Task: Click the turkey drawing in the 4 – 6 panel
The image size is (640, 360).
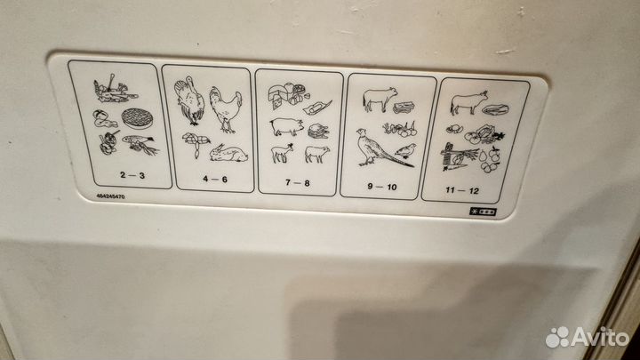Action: coord(188,100)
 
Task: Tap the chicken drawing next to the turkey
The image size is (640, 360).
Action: coord(225,109)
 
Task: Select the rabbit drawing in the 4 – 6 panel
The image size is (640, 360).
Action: coord(228,153)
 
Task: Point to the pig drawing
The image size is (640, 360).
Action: coord(287,126)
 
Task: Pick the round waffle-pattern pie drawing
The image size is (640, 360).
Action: coord(137,118)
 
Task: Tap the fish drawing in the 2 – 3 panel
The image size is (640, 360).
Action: coord(140,145)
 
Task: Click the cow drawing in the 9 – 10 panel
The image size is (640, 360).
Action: coord(380,99)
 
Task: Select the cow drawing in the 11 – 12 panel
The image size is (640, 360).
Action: coord(469,102)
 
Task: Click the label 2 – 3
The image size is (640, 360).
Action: coord(132,175)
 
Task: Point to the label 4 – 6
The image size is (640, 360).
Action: coord(215,179)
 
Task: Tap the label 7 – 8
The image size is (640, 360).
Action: coord(298,182)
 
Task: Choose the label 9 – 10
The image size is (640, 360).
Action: coord(382,187)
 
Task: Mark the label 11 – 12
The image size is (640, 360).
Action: coord(462,190)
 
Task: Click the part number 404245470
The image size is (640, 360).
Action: coord(110,196)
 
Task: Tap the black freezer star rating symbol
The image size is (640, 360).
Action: coord(483,212)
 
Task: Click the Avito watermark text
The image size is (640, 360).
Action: coord(588,337)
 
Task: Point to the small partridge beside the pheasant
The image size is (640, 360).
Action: coord(405,150)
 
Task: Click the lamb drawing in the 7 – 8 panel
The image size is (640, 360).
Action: coord(283,154)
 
